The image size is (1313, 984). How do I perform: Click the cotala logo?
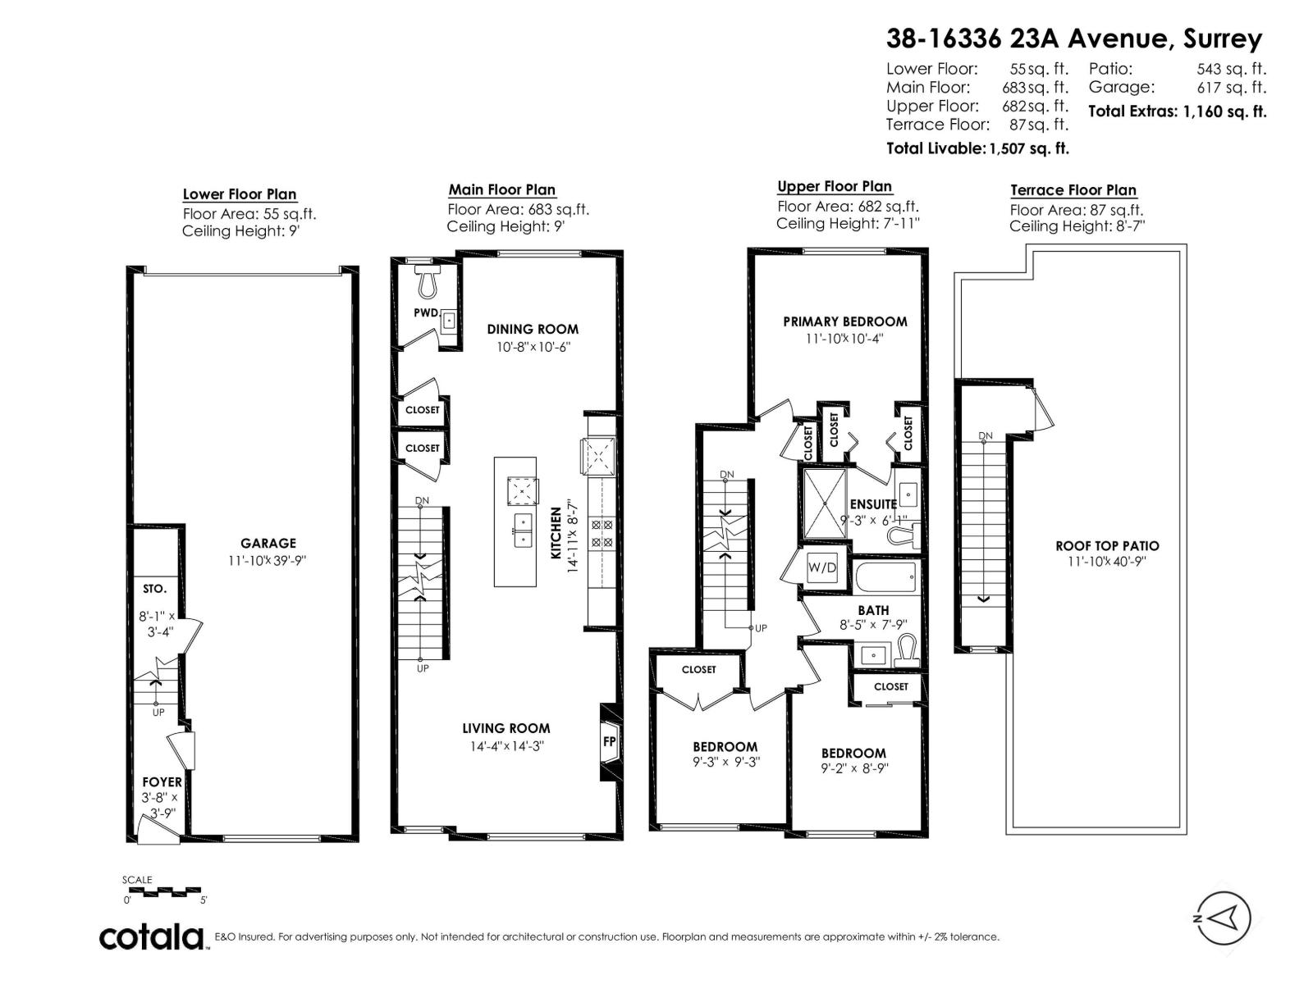(x=152, y=936)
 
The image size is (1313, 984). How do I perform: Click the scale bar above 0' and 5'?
(x=162, y=891)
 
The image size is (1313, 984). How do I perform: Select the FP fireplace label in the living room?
(x=609, y=741)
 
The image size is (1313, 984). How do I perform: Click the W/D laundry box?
(x=821, y=567)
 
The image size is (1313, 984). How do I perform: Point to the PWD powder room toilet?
(x=427, y=284)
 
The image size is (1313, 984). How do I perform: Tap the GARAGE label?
(x=268, y=543)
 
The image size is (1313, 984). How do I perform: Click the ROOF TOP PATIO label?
(x=1107, y=545)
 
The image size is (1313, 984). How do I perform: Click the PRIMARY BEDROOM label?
(x=844, y=321)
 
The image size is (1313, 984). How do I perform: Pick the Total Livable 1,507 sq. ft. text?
(x=977, y=148)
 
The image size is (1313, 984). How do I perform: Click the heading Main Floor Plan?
(x=501, y=190)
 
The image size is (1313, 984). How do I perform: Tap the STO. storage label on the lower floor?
(x=154, y=589)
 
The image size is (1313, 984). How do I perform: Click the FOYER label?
(x=162, y=782)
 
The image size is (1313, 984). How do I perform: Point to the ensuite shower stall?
(x=823, y=503)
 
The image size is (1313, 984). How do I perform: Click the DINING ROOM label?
(x=533, y=329)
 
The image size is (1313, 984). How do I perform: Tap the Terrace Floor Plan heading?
(x=1073, y=190)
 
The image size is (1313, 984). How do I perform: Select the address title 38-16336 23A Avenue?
(x=1073, y=39)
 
